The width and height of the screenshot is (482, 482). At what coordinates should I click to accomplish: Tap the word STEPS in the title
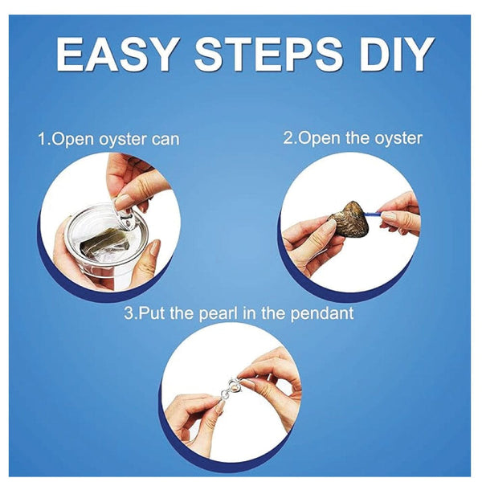(268, 55)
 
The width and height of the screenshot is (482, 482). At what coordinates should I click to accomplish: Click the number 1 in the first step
(42, 139)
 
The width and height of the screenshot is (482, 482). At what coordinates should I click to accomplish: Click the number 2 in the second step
(288, 138)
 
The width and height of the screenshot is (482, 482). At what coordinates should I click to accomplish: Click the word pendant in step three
(322, 314)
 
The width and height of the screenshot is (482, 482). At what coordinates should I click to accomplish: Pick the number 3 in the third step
(129, 313)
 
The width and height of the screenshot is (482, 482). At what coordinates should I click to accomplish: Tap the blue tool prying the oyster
(374, 213)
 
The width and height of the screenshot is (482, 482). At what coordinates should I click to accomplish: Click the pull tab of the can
(125, 212)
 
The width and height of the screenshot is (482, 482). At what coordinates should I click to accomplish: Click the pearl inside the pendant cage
(235, 385)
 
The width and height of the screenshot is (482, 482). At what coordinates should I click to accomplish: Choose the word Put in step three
(151, 313)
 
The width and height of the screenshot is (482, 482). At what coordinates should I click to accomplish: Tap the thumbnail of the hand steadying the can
(155, 247)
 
